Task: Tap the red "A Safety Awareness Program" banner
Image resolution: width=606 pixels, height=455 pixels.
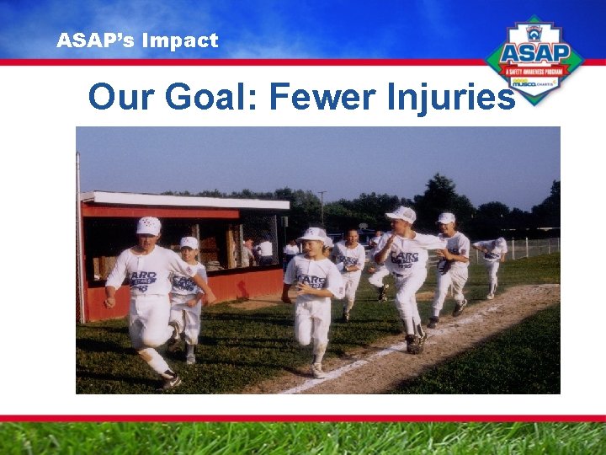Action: (536, 72)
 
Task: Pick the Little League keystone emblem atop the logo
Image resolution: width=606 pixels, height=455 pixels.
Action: (536, 28)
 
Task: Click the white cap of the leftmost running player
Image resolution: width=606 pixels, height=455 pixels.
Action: (149, 225)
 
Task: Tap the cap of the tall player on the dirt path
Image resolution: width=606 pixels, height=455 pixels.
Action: (402, 214)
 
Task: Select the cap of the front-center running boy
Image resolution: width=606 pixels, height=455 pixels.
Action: (313, 234)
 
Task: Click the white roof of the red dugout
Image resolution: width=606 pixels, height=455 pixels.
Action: (185, 200)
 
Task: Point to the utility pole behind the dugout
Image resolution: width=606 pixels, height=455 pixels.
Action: (322, 207)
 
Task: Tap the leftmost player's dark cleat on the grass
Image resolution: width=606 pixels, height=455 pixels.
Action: (171, 382)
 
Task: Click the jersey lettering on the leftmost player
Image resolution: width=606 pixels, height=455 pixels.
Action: (143, 279)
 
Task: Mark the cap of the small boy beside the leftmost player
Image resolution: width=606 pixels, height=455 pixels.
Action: (189, 243)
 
